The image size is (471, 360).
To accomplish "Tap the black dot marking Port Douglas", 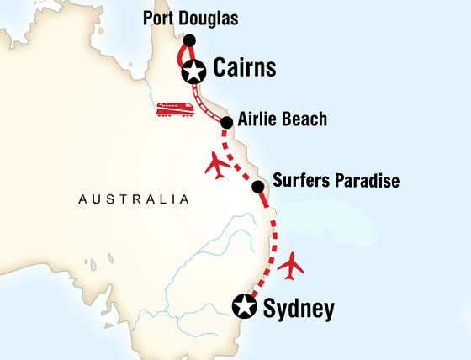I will coord(189,40).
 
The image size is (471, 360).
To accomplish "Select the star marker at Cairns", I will coord(193,72).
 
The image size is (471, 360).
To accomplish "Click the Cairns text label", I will coord(245,69).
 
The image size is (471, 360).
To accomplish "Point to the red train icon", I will coord(175,109).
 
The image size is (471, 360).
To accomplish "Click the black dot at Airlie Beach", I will coord(226,123).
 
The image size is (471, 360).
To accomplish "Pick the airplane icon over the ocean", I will coord(291,266).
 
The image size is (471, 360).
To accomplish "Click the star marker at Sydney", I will coord(245,307).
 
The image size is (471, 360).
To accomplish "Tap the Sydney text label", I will coord(299,309).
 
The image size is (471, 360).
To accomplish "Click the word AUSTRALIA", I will coord(133,200).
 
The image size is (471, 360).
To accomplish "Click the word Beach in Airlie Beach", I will coord(306,119).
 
